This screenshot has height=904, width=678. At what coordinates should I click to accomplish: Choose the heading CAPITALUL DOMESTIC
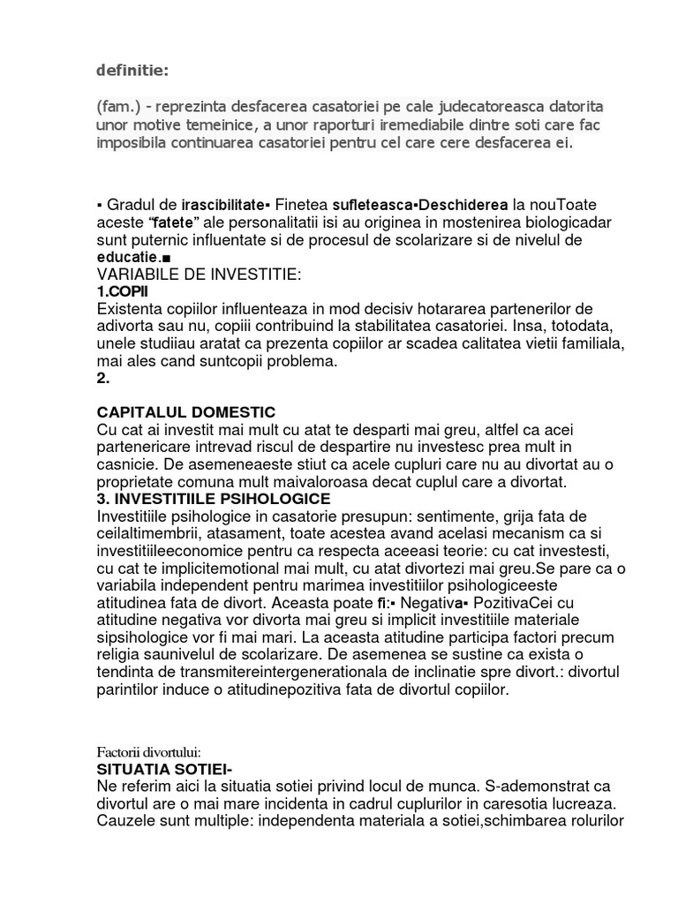pos(185,412)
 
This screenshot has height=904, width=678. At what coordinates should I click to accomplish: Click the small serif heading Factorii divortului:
pos(149,751)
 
